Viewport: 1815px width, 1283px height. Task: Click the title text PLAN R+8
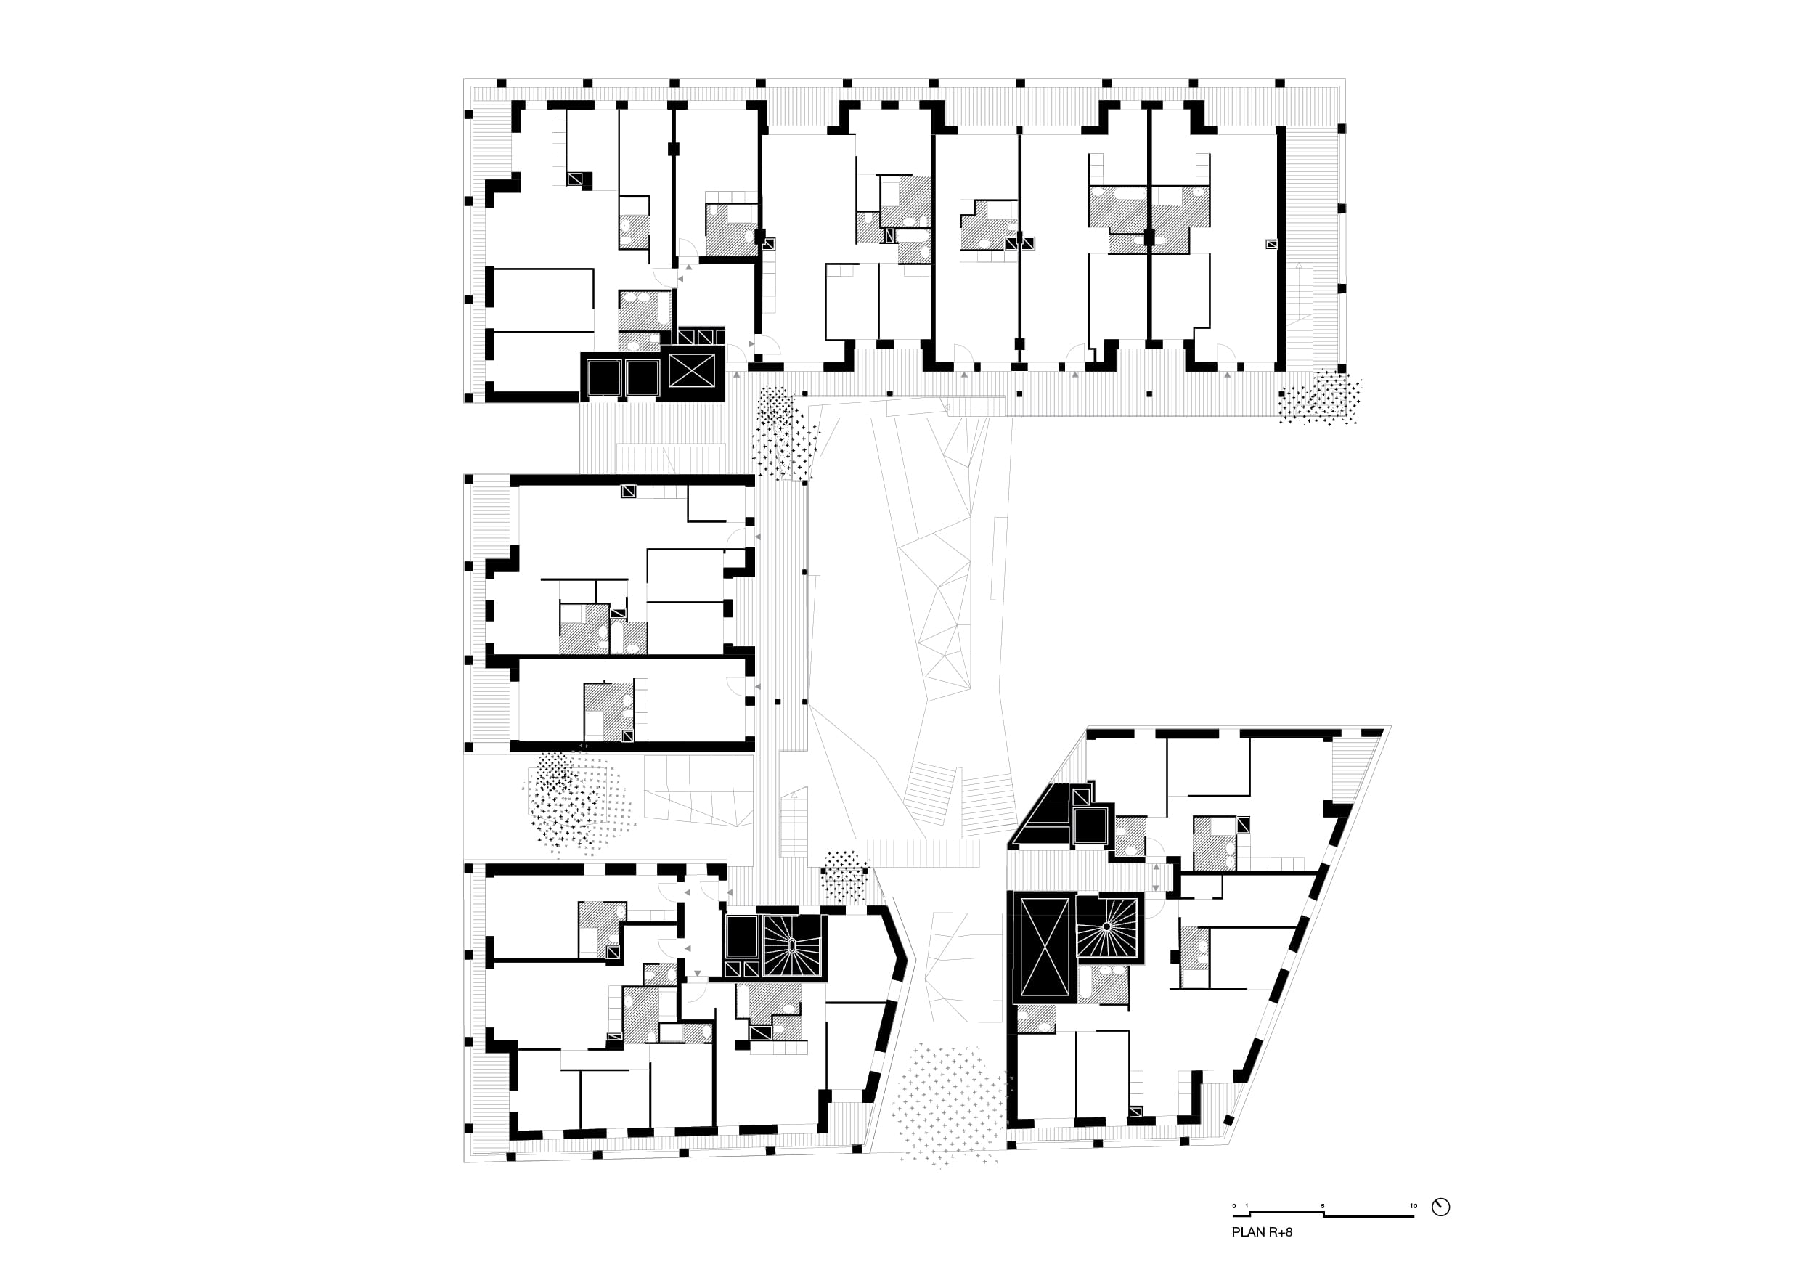(x=1262, y=1231)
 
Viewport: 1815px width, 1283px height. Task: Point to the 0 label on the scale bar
(x=1234, y=1206)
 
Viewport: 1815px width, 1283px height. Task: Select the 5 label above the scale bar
(x=1323, y=1206)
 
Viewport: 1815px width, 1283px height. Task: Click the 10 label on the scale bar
(x=1414, y=1206)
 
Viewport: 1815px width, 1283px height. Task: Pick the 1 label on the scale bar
(x=1247, y=1206)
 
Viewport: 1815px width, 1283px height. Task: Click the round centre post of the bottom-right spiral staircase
(x=1107, y=926)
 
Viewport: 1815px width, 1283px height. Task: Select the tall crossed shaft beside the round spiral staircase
(x=1044, y=946)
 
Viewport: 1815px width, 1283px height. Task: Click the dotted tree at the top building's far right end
(x=1320, y=398)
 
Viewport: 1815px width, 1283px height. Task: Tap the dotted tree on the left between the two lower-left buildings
(x=576, y=803)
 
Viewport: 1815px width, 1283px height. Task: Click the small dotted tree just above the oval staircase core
(x=844, y=876)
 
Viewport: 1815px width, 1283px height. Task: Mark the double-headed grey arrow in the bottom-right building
(x=1157, y=877)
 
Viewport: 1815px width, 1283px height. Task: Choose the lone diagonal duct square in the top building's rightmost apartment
(x=1270, y=244)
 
